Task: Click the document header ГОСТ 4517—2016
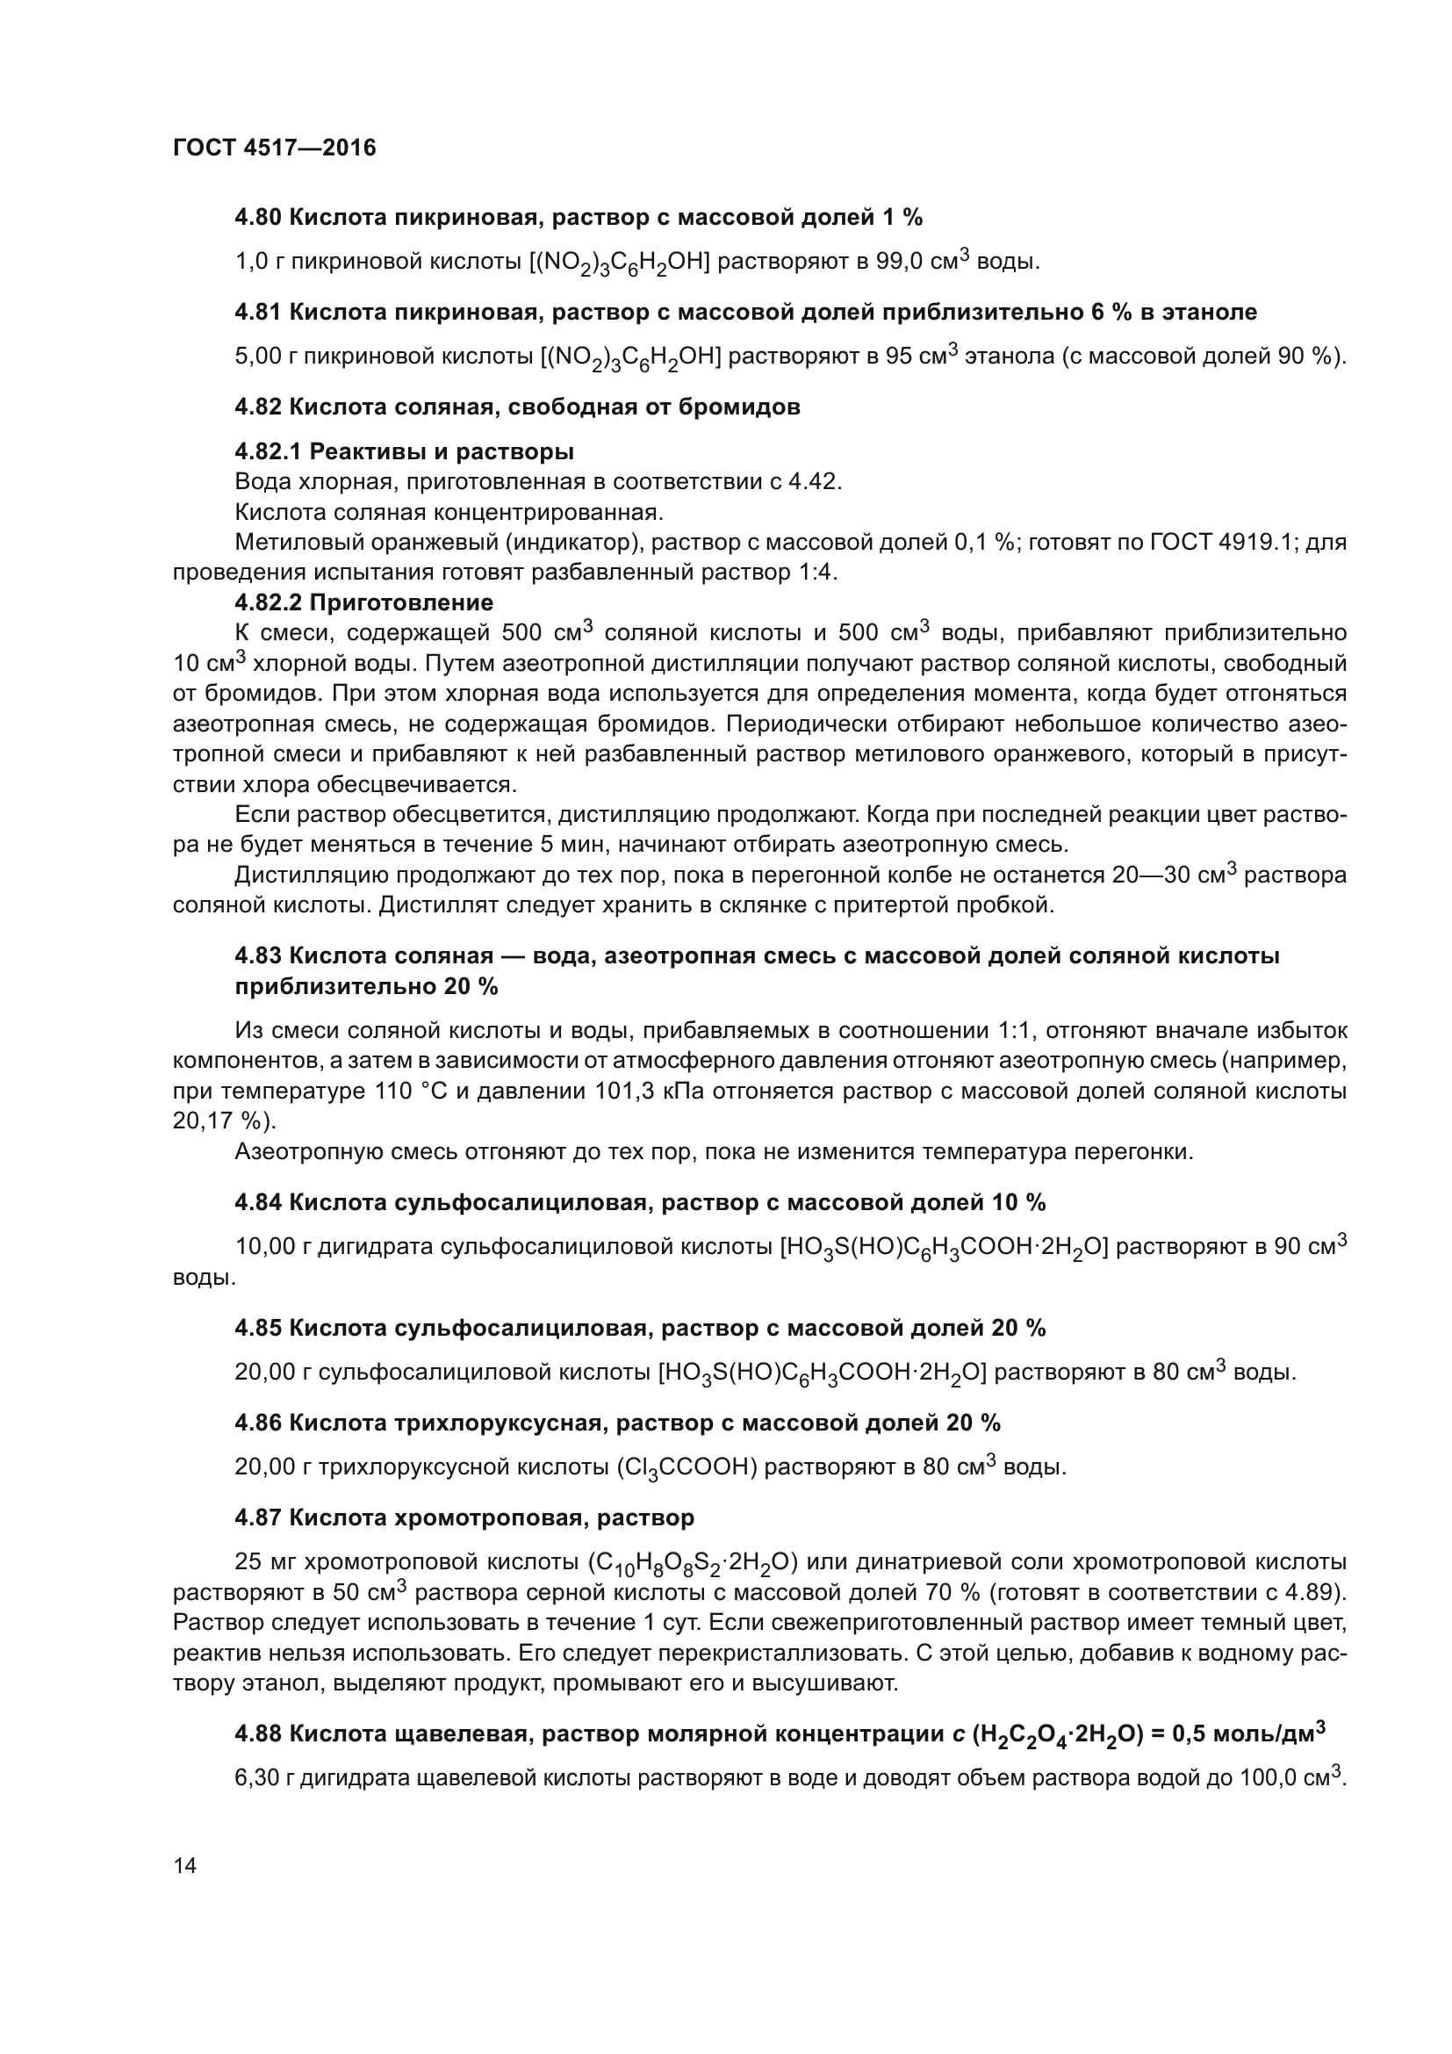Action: coord(275,148)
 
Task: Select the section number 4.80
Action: coord(258,218)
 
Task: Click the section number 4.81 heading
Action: coord(258,313)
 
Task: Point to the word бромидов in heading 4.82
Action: coord(749,407)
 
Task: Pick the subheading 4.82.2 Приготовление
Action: coord(364,602)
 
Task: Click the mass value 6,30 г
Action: coord(264,1778)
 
